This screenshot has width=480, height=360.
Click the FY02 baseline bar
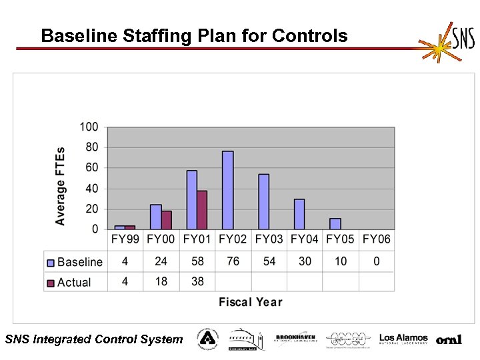[x=227, y=190]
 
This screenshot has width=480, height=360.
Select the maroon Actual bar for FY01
[x=202, y=210]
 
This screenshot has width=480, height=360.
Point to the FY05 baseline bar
[x=335, y=223]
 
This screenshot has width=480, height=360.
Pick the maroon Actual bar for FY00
[x=166, y=220]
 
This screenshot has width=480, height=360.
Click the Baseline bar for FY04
[x=299, y=214]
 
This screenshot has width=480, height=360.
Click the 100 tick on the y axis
[x=89, y=127]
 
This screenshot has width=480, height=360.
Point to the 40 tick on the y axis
[x=91, y=189]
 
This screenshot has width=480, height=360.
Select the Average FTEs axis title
[x=61, y=186]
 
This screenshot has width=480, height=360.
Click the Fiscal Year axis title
[x=250, y=302]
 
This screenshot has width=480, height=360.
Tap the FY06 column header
[x=377, y=239]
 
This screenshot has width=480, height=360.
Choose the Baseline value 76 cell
[x=233, y=261]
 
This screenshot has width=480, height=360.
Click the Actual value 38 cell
[x=197, y=282]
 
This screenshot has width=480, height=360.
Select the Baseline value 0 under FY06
[x=377, y=261]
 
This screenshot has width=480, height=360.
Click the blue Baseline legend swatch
[x=50, y=263]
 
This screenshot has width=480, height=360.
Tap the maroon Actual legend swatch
[x=50, y=283]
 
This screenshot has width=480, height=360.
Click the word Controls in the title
[x=310, y=35]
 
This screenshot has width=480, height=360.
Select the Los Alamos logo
[x=403, y=339]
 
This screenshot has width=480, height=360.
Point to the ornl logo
[x=449, y=340]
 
